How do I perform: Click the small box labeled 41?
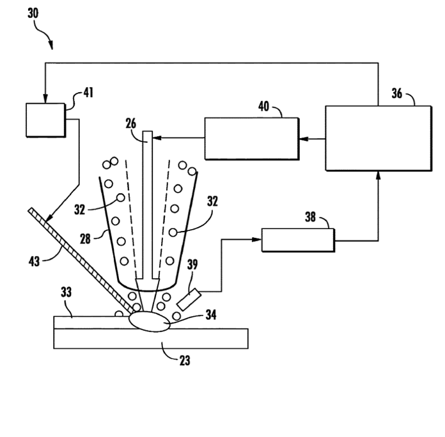[x=45, y=119]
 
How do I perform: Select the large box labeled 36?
[x=378, y=138]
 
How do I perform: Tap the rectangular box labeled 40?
[x=251, y=138]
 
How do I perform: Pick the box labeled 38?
[x=298, y=240]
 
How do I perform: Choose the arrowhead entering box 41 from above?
[x=45, y=99]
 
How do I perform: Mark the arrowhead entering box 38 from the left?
[x=258, y=240]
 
